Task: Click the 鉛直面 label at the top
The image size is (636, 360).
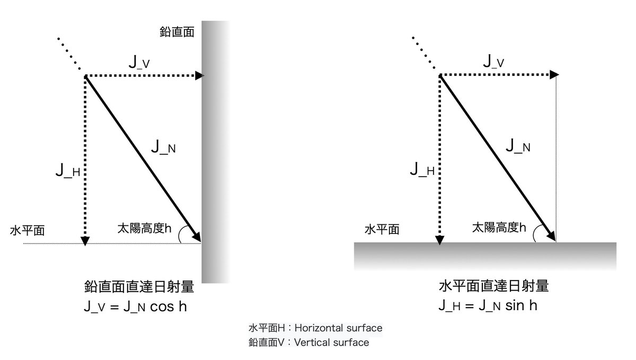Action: tap(176, 32)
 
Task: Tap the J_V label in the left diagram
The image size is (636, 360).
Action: tap(139, 62)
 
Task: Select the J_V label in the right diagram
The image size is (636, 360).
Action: tap(493, 62)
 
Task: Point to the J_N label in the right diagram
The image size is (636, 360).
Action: tap(518, 146)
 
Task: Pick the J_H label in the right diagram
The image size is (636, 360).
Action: tap(422, 170)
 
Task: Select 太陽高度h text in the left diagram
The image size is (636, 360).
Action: tap(144, 229)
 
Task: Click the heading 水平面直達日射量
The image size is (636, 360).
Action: tap(493, 287)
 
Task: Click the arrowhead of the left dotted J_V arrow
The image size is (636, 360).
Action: tap(200, 76)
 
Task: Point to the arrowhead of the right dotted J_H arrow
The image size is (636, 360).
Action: tap(439, 240)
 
